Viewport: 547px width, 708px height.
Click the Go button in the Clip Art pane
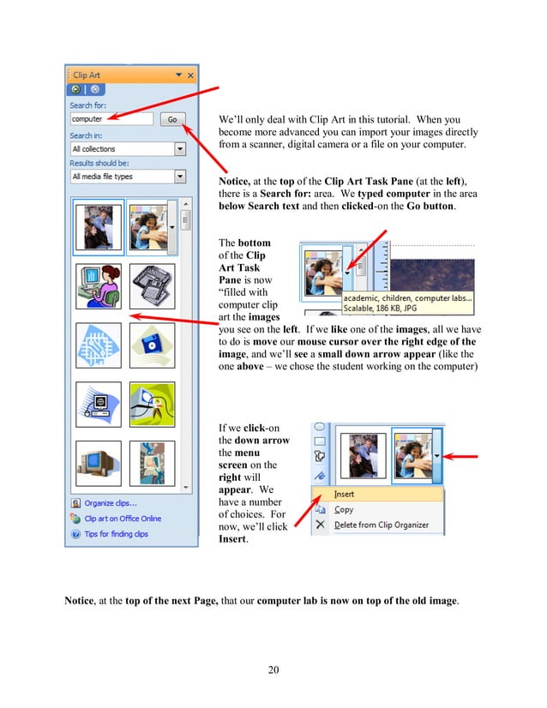pos(172,120)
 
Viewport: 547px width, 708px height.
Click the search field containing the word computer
pos(111,120)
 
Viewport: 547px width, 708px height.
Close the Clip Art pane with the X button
pos(190,75)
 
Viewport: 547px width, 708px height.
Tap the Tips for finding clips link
pos(116,534)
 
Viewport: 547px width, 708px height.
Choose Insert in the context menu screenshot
pos(344,495)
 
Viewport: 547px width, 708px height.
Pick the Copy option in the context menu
pos(343,510)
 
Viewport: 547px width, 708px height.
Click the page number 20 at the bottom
pos(273,669)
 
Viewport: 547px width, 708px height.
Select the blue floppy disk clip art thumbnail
pos(152,345)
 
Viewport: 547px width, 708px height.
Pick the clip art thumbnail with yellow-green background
pos(152,404)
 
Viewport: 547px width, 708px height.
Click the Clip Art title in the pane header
pos(87,75)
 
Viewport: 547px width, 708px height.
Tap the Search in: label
pos(87,135)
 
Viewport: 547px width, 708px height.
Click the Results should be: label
pos(99,163)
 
